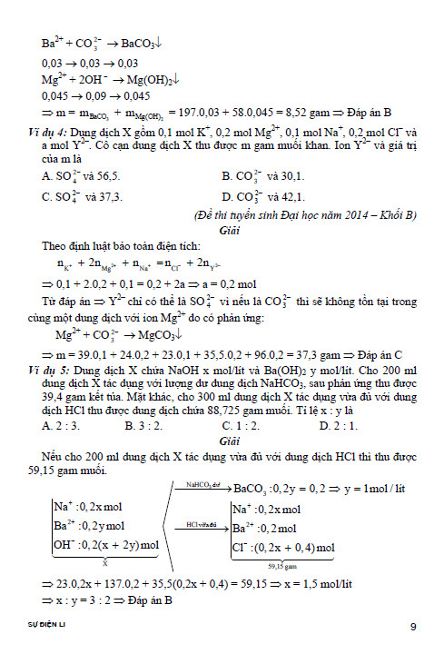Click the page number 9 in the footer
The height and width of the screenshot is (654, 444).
tap(413, 627)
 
